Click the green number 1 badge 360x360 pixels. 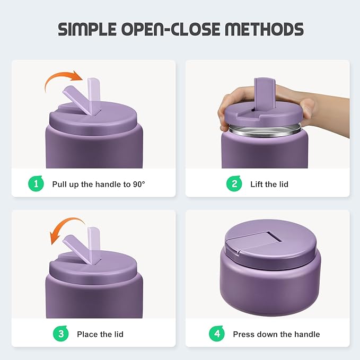pyautogui.click(x=36, y=184)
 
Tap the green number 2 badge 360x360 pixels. pyautogui.click(x=234, y=184)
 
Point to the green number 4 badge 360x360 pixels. pyautogui.click(x=216, y=334)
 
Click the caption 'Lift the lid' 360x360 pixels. pyautogui.click(x=269, y=185)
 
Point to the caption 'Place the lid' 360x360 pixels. pyautogui.click(x=100, y=335)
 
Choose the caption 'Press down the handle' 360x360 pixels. pyautogui.click(x=276, y=335)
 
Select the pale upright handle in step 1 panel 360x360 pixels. pyautogui.click(x=94, y=95)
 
